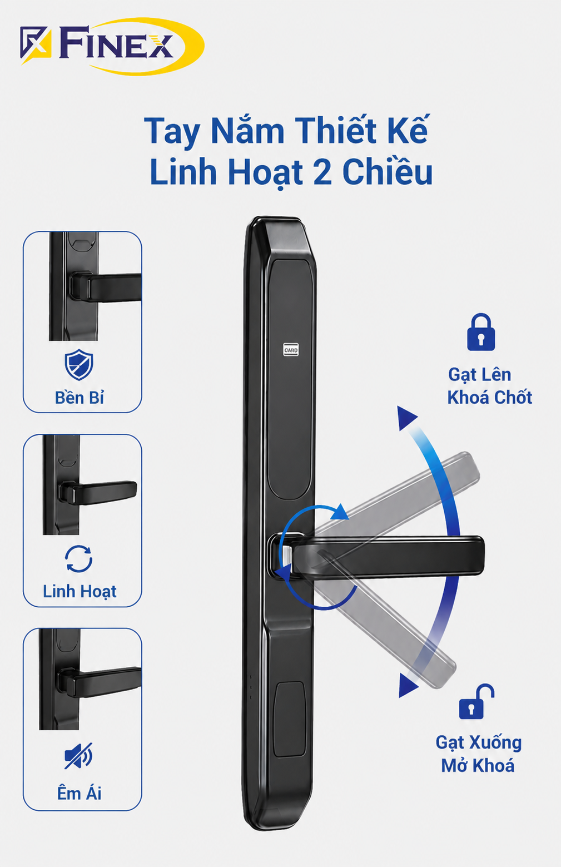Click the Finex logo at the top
pos(112,47)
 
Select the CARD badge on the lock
pos(291,350)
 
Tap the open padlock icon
pos(476,701)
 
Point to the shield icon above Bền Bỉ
pos(79,365)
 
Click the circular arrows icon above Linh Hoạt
pos(78,559)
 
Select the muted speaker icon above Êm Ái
pos(78,756)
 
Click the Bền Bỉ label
pos(80,398)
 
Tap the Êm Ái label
pos(80,794)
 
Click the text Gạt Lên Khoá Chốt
pos(489,386)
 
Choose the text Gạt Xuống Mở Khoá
pos(479,754)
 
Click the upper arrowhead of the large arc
pos(407,418)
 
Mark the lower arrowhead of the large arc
pos(408,685)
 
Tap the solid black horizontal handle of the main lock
pos(387,557)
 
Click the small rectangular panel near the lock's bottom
pos(290,720)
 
